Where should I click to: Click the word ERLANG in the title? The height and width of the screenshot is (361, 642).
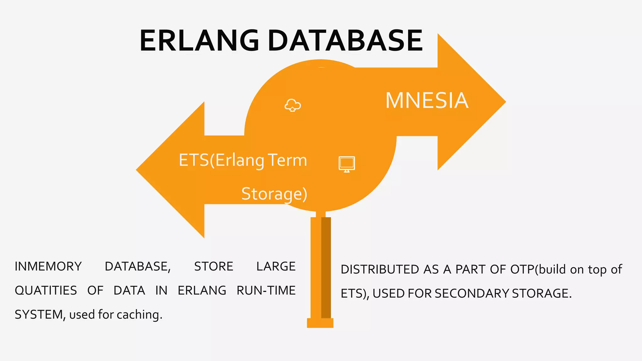pos(199,41)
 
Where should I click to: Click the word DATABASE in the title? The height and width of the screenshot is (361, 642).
pos(345,41)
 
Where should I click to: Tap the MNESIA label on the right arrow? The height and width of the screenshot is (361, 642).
pos(427,101)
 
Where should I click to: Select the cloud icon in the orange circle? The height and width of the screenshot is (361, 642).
pos(292,105)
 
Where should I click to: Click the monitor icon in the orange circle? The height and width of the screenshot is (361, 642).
pos(347,164)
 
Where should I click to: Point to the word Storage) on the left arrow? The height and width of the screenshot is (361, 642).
pos(274,194)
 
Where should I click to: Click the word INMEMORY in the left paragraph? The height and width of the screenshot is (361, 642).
pos(48,266)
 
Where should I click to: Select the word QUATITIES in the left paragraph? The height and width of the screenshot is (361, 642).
pos(46,290)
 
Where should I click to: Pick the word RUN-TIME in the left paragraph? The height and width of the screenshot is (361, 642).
pos(266,290)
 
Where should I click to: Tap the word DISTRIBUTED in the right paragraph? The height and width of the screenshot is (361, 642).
pos(380,269)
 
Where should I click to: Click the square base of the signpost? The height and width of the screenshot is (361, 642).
pos(320,323)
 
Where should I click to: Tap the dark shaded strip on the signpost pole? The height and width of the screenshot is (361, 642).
pos(326,268)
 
